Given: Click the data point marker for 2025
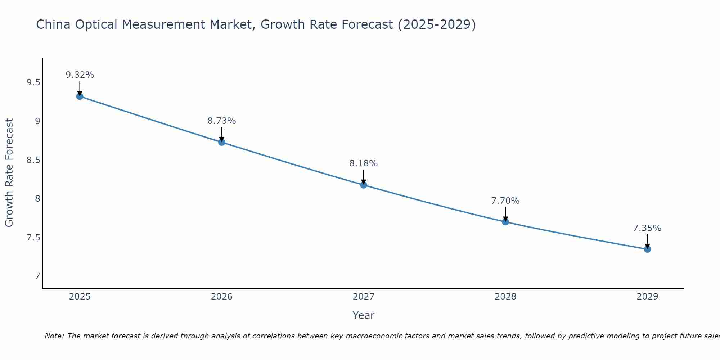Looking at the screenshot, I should coord(80,96).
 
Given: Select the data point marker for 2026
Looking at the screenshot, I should coord(222,142).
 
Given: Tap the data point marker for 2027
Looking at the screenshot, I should coord(364,185).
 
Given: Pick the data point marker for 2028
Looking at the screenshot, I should coord(505,222).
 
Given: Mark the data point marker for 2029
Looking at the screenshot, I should coord(647,249).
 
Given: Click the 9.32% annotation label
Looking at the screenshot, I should coord(80,75).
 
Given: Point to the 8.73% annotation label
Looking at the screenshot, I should coord(222,121).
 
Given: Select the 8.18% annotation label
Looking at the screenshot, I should coord(364,163).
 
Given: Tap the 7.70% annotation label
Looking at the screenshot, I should coord(505,201).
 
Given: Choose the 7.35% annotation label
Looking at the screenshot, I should coord(647,228).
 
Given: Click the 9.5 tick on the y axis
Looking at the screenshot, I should coord(33,83).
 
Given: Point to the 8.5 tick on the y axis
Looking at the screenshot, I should coord(33,160).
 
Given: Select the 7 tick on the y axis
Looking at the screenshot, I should coord(37,276).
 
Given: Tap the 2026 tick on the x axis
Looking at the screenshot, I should coord(222,297).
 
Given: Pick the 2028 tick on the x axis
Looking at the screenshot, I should coord(505,297).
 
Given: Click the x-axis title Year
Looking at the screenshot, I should coord(364,315).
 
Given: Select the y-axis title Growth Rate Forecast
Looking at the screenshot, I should coord(9,173).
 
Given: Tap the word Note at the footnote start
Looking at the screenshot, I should coord(54,336).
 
